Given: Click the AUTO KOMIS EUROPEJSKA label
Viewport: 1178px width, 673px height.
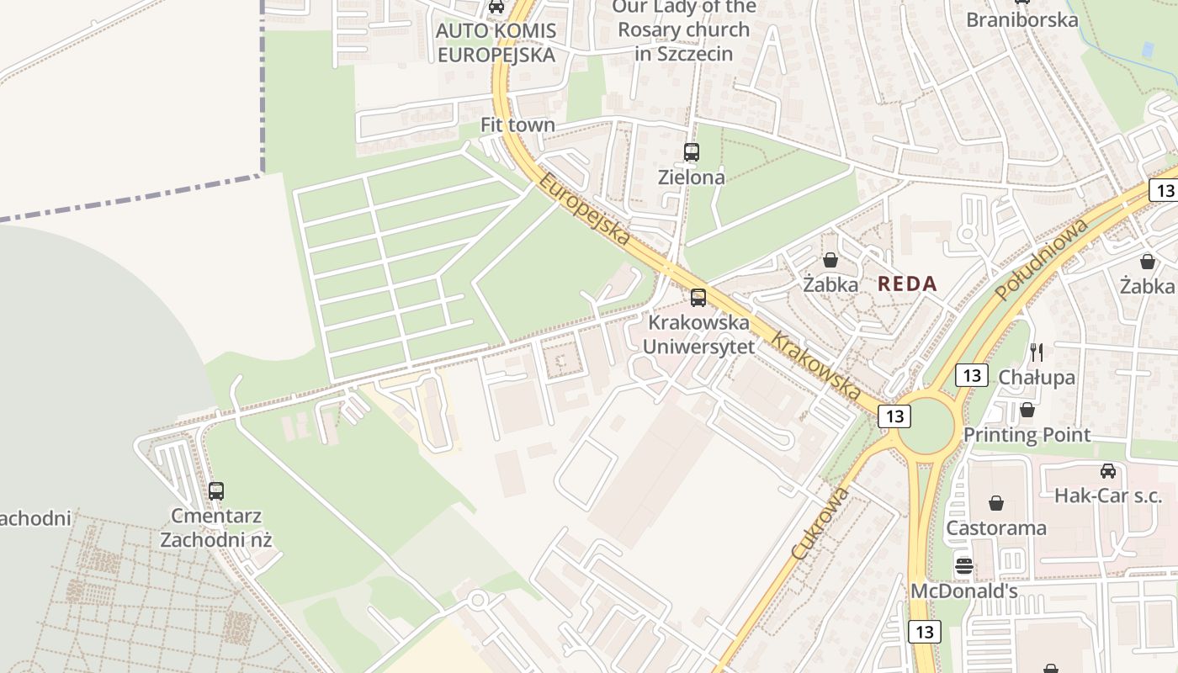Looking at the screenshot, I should click(496, 43).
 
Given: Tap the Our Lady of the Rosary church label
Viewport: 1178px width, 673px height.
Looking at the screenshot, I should click(684, 30).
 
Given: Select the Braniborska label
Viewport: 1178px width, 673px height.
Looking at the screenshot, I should click(1021, 19).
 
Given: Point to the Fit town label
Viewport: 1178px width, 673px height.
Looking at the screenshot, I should click(517, 125).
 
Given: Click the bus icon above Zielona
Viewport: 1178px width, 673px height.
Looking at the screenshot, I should click(692, 152).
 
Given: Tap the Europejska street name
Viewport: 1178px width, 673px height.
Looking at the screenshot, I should click(585, 209).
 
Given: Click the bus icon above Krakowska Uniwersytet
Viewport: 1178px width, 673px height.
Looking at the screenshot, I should click(698, 297).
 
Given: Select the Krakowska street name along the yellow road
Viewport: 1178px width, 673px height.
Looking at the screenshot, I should click(816, 368).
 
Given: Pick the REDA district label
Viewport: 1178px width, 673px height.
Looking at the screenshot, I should click(907, 284).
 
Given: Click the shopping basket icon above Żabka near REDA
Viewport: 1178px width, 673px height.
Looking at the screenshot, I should click(830, 260).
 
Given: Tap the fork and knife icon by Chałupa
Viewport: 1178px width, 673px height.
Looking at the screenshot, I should click(1037, 352).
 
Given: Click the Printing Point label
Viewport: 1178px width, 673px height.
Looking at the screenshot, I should click(1027, 435).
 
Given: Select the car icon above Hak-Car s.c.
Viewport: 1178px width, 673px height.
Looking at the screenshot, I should click(1108, 471).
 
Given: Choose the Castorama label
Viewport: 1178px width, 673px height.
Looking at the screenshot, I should click(996, 528).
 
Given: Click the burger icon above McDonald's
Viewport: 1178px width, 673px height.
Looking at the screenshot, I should click(964, 565).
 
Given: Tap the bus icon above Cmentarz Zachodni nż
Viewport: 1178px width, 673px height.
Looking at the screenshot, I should click(216, 491).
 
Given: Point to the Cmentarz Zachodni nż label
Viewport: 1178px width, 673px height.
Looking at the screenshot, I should click(216, 527).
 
